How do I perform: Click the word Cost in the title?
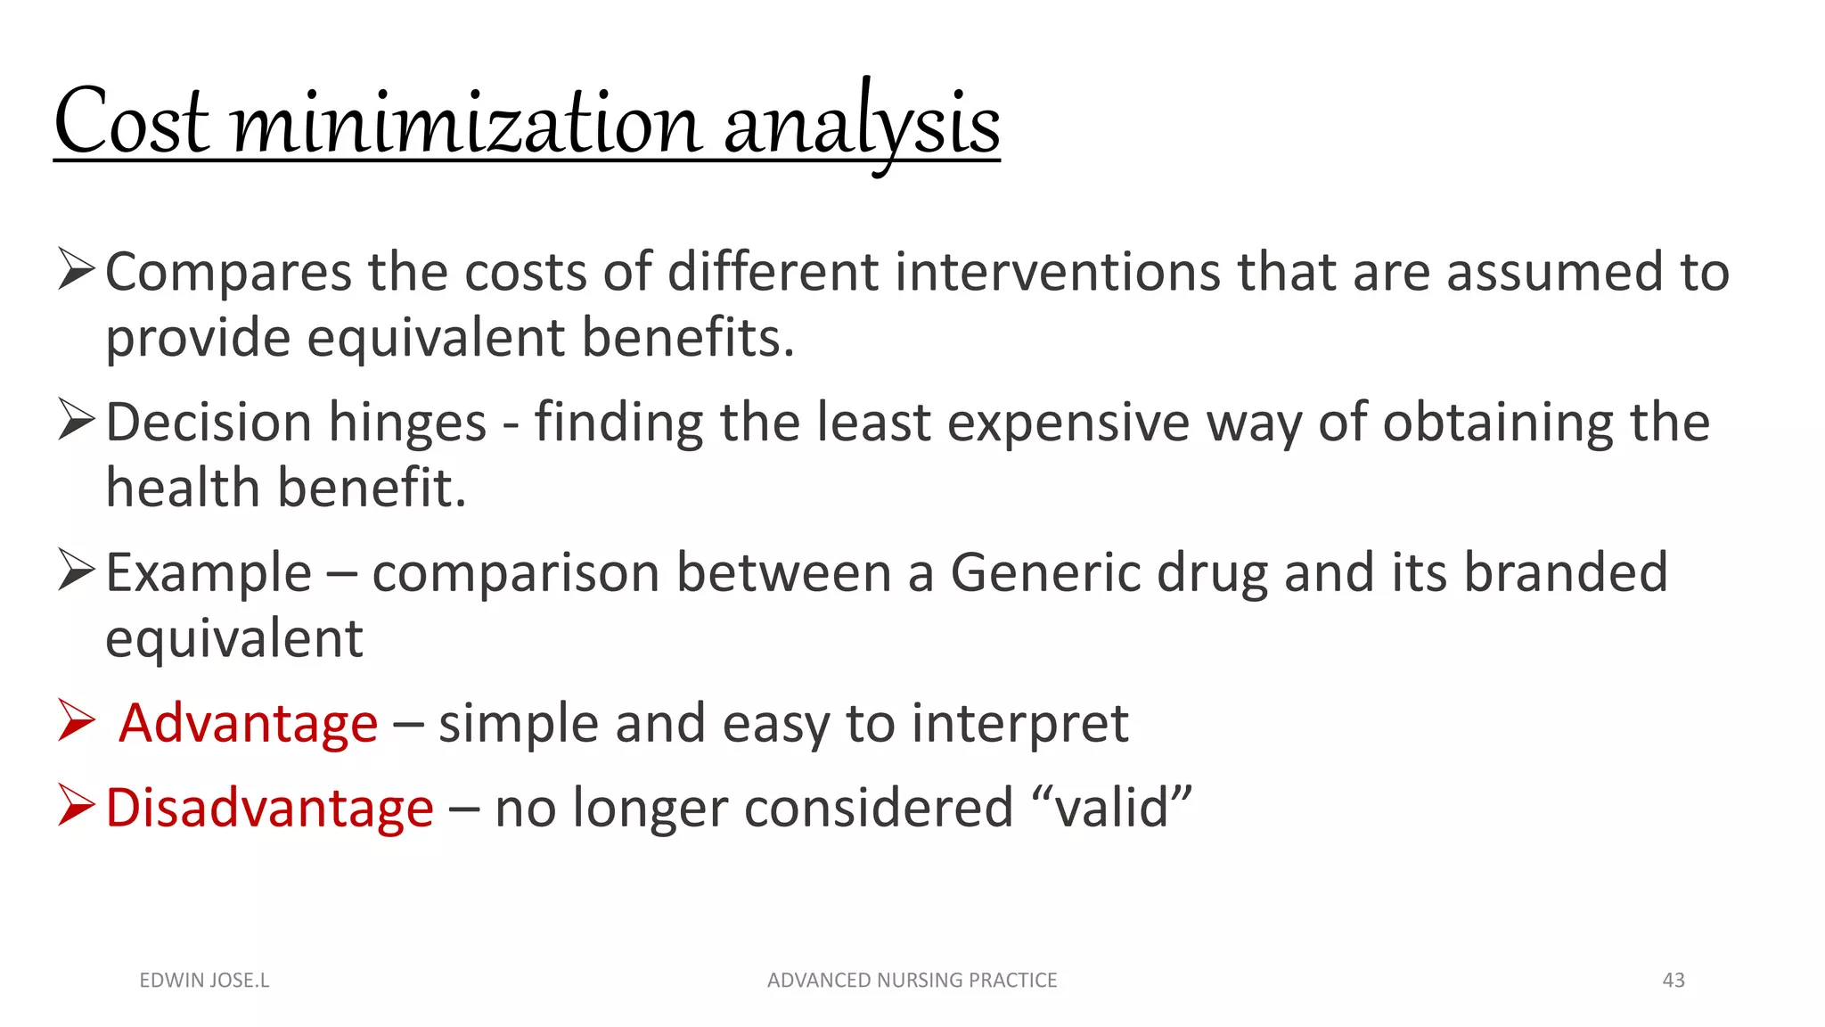point(132,123)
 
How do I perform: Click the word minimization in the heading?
point(466,123)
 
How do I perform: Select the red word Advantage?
point(249,723)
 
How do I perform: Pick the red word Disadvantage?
point(269,808)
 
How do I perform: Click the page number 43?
point(1674,980)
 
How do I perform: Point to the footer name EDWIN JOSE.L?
point(204,980)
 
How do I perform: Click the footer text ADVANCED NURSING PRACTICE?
point(912,980)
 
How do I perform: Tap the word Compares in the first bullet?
point(228,273)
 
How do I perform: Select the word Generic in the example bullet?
point(1045,572)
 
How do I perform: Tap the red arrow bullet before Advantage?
point(76,720)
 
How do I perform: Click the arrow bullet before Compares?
point(76,269)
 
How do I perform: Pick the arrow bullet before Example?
point(76,571)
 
